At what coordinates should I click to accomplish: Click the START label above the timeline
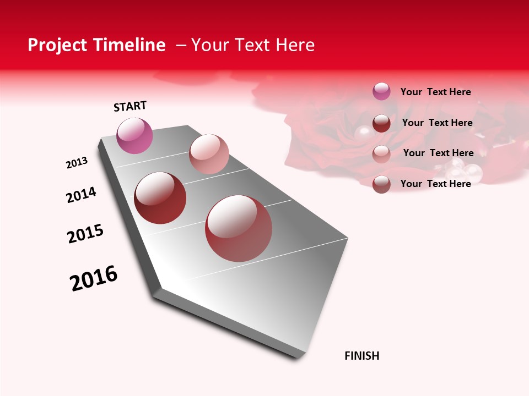pos(130,106)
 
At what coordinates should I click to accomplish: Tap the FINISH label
pos(361,356)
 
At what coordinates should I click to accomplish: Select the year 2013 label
pos(77,163)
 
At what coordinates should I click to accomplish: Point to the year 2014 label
pos(82,195)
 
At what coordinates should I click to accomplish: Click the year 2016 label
pos(94,278)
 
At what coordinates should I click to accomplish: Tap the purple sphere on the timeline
pos(135,135)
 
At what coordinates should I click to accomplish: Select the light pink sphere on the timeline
pos(209,154)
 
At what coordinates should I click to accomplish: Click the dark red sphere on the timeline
pos(160,198)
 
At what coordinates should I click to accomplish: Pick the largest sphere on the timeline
pos(239,228)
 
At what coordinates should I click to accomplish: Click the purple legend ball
pos(381,91)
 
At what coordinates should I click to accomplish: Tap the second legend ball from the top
pos(381,123)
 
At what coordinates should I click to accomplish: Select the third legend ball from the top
pos(381,153)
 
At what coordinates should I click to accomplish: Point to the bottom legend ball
pos(381,184)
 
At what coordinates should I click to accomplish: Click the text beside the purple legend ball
pos(435,92)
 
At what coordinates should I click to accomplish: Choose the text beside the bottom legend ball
pos(435,184)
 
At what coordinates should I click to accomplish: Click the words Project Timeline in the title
pos(96,45)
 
